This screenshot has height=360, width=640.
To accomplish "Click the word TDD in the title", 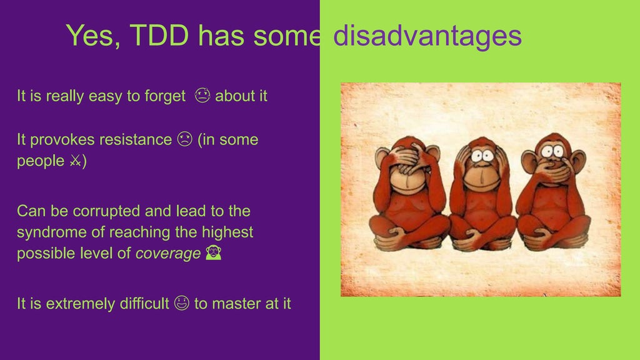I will point(161,36).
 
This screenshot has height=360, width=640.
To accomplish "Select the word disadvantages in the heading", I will point(427,36).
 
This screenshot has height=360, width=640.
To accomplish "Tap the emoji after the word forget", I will point(202,96).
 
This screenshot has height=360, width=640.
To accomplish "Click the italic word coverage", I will point(168,254).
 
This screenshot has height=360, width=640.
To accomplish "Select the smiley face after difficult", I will point(182,304).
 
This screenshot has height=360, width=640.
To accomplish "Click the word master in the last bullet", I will point(235,304).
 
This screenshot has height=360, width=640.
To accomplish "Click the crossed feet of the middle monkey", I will point(481,237).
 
